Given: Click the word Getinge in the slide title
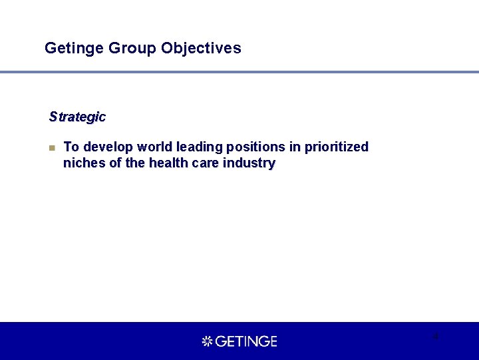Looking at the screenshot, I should coord(68,49).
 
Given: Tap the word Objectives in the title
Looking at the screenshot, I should coord(201,49).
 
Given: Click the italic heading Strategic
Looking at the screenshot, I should coord(77,117).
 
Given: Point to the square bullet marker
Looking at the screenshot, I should coord(52,147).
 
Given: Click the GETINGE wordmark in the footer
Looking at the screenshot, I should coord(246,341).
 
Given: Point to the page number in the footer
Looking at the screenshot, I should coord(436,336).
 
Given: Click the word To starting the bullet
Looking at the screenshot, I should coord(71,147).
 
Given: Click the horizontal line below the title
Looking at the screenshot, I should coord(239,72).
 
